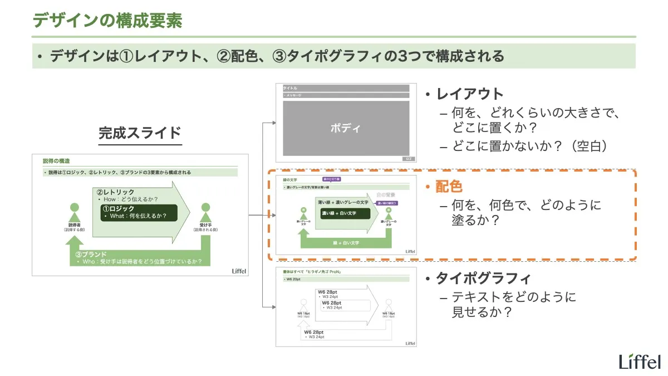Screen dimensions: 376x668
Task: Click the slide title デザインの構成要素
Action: point(107,21)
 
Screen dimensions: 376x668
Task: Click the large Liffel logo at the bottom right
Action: point(640,362)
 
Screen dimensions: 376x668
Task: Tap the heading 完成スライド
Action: point(140,133)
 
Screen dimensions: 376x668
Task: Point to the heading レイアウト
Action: point(470,94)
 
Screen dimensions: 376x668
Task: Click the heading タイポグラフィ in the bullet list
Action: point(483,279)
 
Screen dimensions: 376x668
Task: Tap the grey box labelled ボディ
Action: point(346,128)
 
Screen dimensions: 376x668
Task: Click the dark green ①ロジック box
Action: point(139,212)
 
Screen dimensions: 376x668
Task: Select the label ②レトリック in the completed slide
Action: point(116,192)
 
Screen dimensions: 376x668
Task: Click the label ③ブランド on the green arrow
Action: point(91,254)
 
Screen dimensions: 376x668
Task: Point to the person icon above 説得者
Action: point(75,213)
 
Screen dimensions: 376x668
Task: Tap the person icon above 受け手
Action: point(206,214)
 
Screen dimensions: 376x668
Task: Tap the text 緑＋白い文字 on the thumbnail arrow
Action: point(346,243)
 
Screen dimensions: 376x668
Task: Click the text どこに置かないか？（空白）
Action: point(529,146)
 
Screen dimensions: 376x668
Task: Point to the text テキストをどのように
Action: point(514,297)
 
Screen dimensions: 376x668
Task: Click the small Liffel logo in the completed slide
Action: point(239,271)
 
